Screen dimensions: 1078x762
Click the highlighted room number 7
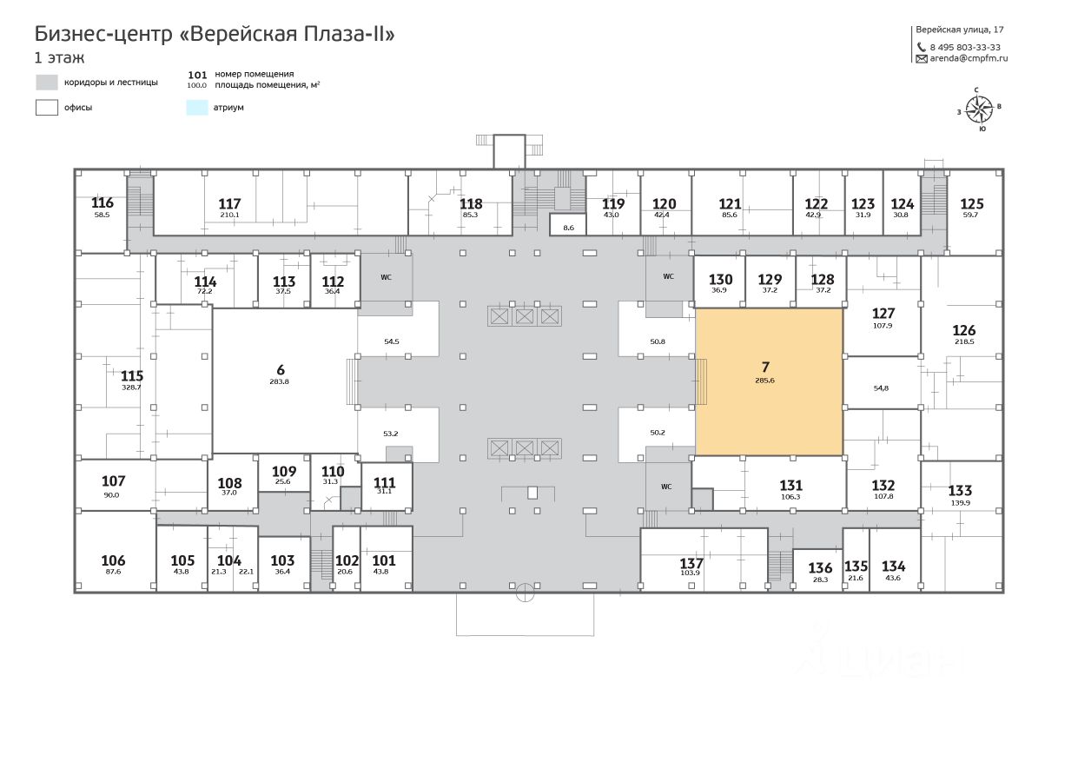click(765, 368)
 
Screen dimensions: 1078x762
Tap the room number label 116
click(103, 202)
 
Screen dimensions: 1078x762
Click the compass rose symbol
click(979, 109)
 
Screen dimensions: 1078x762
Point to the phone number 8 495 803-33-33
click(965, 47)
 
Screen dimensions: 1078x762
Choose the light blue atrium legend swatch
click(197, 108)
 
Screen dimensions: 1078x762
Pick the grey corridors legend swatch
click(46, 83)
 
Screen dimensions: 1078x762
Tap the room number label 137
click(691, 563)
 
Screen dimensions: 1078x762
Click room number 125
click(972, 204)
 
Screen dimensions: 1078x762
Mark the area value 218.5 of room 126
click(964, 342)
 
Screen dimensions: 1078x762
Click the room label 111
click(384, 482)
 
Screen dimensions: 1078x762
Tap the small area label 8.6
click(569, 228)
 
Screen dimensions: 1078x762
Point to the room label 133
click(960, 490)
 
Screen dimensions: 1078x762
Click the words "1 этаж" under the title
click(59, 58)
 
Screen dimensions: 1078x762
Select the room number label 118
click(471, 204)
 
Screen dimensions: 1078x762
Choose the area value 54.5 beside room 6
click(392, 341)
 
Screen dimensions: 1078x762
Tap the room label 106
click(113, 560)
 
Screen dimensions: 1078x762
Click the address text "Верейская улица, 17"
click(960, 30)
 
